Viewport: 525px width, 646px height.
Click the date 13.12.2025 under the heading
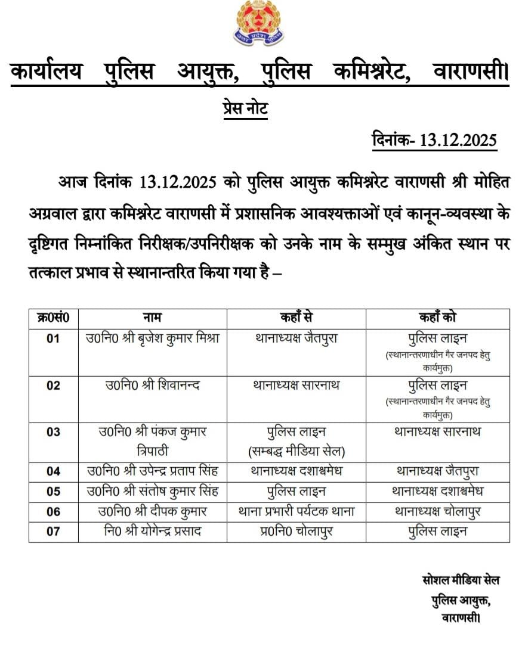pyautogui.click(x=434, y=141)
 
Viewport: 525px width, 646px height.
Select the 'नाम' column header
pyautogui.click(x=152, y=317)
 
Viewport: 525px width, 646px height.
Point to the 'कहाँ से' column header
pyautogui.click(x=296, y=317)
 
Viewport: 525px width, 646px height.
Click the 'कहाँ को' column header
pyautogui.click(x=438, y=317)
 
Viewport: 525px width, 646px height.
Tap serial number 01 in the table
pyautogui.click(x=53, y=338)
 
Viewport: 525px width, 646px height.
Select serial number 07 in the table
pyautogui.click(x=53, y=531)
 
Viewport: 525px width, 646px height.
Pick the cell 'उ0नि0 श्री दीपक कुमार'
pyautogui.click(x=152, y=511)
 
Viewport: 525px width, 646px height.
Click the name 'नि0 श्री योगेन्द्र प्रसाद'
pyautogui.click(x=152, y=531)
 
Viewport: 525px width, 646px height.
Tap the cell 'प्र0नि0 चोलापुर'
pyautogui.click(x=296, y=531)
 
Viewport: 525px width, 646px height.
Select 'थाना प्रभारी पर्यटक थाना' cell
pyautogui.click(x=296, y=511)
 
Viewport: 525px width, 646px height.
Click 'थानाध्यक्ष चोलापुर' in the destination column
pyautogui.click(x=438, y=511)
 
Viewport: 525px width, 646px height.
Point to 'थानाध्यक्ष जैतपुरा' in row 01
pyautogui.click(x=296, y=338)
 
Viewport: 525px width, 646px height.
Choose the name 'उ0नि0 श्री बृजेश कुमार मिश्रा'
pyautogui.click(x=152, y=338)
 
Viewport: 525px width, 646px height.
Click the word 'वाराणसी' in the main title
pyautogui.click(x=469, y=73)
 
